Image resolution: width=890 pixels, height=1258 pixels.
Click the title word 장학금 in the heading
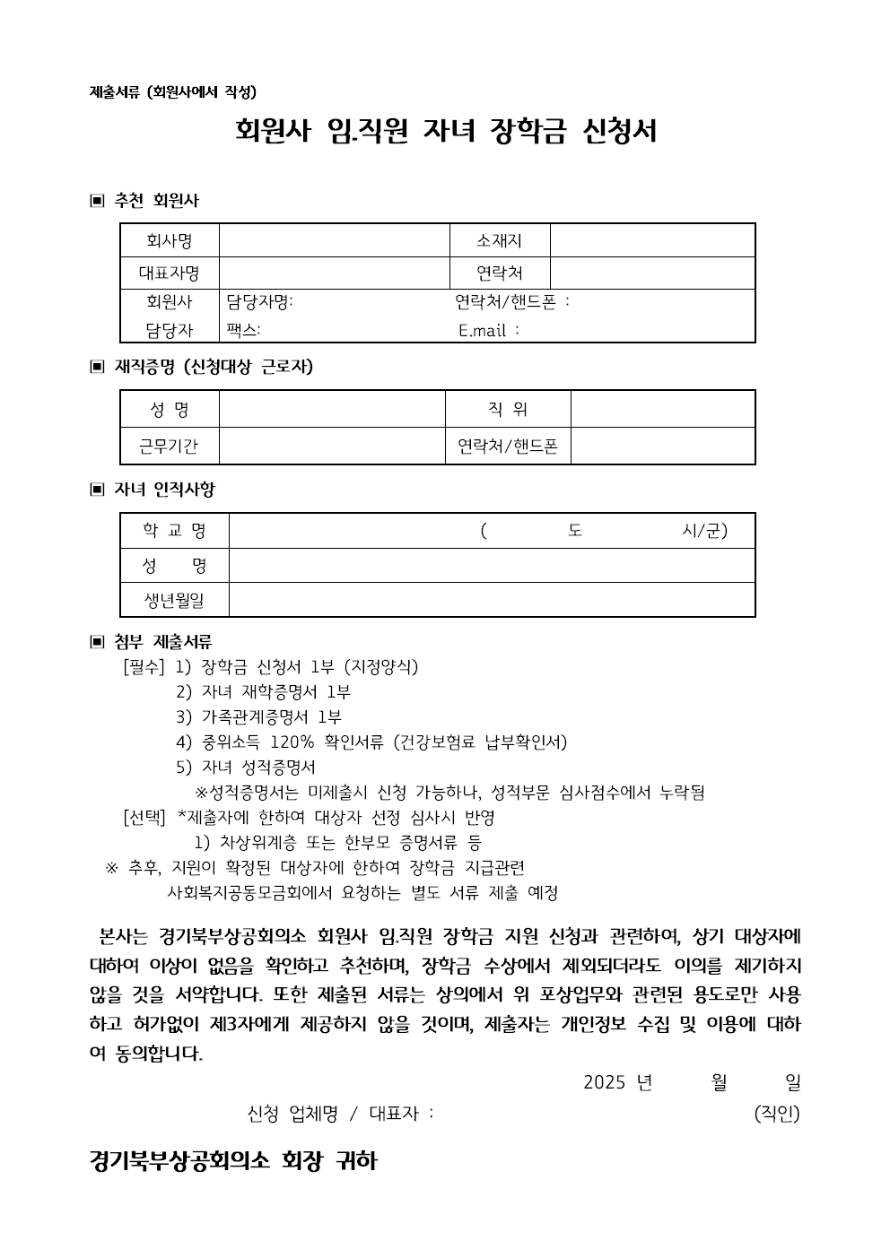[529, 132]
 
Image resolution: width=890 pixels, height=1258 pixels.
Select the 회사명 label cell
[170, 240]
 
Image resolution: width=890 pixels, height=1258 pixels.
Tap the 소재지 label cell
[499, 240]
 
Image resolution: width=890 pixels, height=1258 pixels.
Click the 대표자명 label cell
[170, 273]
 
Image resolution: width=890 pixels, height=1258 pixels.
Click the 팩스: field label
[243, 330]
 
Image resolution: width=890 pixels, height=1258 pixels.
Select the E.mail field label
[489, 330]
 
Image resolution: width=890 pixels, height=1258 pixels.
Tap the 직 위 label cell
[508, 410]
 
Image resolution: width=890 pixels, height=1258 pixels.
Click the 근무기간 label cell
[170, 446]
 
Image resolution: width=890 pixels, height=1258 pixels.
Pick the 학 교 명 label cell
[175, 531]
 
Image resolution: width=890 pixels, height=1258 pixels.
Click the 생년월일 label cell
[175, 599]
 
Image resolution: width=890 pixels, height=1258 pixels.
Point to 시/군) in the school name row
[704, 531]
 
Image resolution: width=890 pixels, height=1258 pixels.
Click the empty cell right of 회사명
[334, 240]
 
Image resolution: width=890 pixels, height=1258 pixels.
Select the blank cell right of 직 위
[662, 410]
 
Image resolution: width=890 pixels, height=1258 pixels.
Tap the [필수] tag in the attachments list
[144, 667]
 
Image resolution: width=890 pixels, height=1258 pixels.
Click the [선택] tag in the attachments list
[144, 818]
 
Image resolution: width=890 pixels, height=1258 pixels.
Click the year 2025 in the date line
[603, 1082]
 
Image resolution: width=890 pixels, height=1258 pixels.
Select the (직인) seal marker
[777, 1114]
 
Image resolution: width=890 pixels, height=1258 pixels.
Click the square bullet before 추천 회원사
[97, 201]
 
